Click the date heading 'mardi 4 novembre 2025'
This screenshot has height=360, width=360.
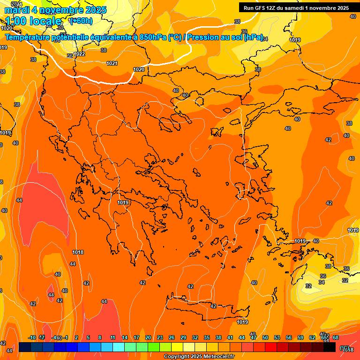click(x=56, y=10)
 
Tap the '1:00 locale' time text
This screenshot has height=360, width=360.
click(x=34, y=21)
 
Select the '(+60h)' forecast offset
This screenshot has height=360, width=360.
click(x=81, y=21)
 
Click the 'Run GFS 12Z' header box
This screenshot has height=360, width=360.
click(x=296, y=8)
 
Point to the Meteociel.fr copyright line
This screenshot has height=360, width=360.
click(x=198, y=356)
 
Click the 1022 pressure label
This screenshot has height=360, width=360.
click(x=79, y=54)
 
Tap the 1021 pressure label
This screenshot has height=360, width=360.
click(x=112, y=63)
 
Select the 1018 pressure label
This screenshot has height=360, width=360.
click(x=78, y=252)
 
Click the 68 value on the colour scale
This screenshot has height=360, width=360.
click(x=336, y=337)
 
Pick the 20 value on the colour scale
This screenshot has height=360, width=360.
click(x=148, y=337)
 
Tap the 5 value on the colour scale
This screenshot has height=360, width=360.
click(x=88, y=337)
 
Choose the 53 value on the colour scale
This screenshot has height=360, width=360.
click(x=277, y=337)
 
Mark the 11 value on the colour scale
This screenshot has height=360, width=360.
click(x=113, y=337)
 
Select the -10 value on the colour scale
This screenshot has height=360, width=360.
click(x=32, y=337)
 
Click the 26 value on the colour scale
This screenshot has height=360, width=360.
click(x=172, y=337)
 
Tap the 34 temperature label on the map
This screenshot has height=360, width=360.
click(x=322, y=282)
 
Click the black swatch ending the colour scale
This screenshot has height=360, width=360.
click(x=330, y=347)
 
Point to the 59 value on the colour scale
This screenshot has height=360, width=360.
click(x=300, y=337)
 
